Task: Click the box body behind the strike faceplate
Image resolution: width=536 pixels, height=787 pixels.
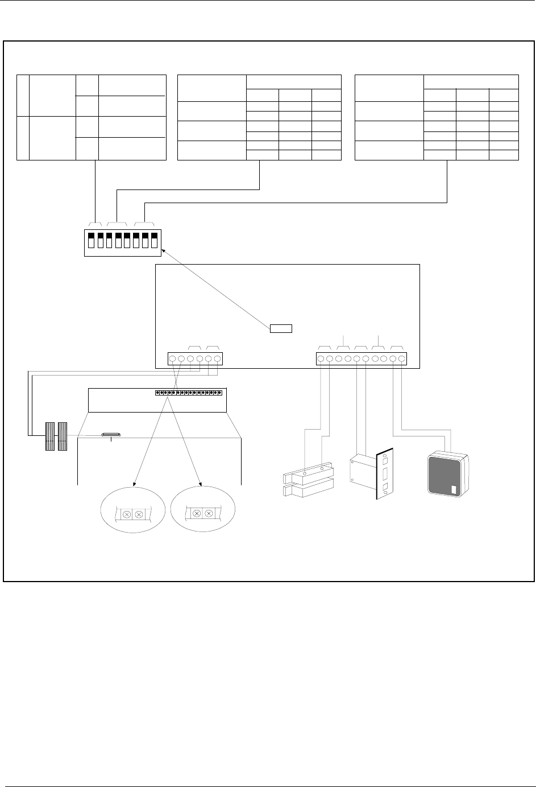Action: pos(360,470)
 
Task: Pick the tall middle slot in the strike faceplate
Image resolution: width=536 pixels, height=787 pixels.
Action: pos(384,473)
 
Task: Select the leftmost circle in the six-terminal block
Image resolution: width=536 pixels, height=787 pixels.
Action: pos(172,359)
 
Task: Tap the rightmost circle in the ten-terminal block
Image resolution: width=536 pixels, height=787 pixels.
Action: pos(402,359)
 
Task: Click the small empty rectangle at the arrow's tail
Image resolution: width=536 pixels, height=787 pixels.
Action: pos(281,328)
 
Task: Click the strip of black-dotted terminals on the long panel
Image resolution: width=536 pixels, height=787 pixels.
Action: pos(188,393)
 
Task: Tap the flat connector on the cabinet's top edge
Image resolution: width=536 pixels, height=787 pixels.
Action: pos(111,436)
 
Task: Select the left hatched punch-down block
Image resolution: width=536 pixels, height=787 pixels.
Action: pos(49,437)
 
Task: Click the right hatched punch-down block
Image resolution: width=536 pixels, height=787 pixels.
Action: pos(62,437)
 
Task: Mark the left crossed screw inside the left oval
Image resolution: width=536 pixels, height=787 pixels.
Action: pos(126,514)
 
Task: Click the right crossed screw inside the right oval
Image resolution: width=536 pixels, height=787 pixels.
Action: pos(209,514)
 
